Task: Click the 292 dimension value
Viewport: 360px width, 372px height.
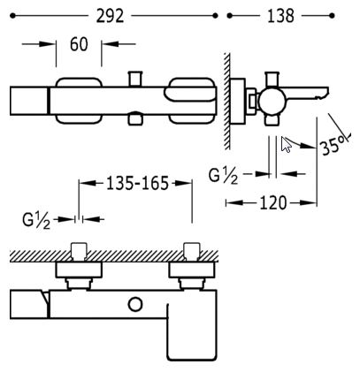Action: point(110,16)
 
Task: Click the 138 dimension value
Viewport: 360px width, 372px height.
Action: point(280,16)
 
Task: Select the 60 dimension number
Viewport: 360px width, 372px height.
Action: point(79,44)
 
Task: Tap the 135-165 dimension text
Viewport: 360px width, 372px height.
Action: point(137,183)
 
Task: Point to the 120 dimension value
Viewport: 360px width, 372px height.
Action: point(272,203)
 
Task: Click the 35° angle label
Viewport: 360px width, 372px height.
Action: point(333,145)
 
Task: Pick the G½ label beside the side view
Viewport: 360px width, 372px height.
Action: point(223,176)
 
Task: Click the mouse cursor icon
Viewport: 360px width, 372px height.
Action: point(286,145)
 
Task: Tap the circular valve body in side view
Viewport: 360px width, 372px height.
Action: point(272,101)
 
